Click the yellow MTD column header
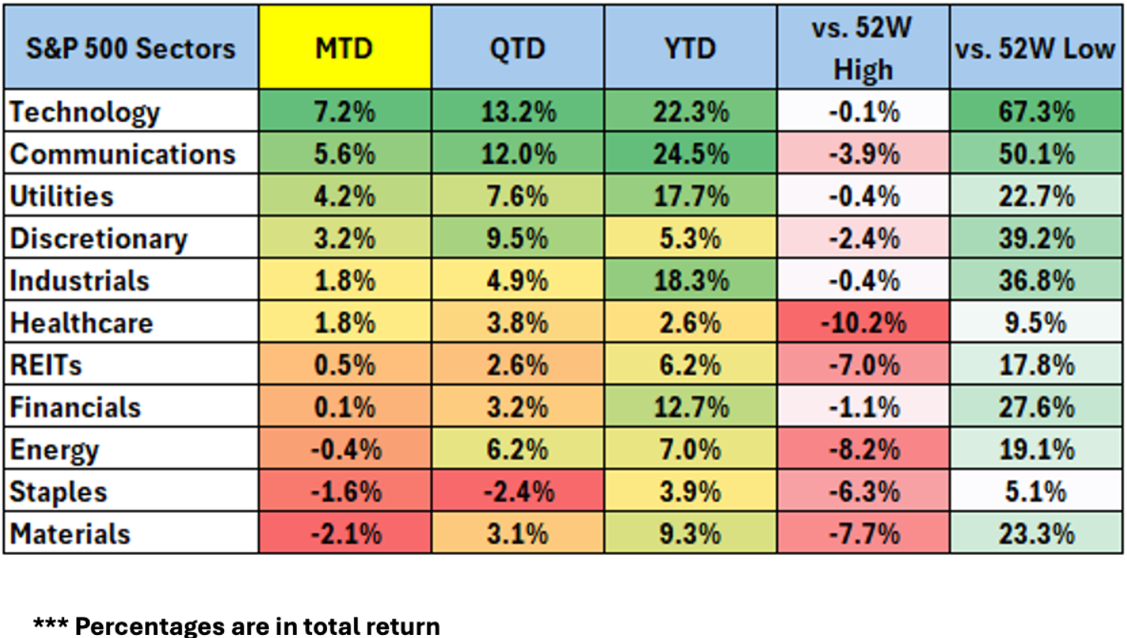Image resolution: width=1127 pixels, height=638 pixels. (345, 48)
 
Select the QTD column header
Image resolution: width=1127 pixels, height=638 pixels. (518, 48)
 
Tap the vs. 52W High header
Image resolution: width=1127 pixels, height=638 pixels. (862, 48)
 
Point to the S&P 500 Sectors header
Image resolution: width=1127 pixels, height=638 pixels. (131, 48)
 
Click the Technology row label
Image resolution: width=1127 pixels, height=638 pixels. (85, 112)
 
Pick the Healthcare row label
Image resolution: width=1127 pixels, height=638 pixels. (81, 322)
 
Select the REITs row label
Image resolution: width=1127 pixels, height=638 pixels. (45, 364)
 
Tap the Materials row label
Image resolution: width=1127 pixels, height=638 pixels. (70, 534)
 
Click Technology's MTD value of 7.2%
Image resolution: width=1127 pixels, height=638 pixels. (345, 111)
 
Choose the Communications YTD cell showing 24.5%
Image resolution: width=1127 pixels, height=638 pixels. (691, 154)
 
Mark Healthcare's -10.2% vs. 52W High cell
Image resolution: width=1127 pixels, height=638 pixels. (863, 322)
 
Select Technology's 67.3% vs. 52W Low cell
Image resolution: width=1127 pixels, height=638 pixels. (1036, 111)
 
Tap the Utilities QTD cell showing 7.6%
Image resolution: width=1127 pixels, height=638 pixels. (517, 196)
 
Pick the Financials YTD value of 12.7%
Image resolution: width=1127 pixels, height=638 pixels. (691, 407)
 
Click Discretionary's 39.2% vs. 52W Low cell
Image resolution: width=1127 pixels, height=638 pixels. (1036, 239)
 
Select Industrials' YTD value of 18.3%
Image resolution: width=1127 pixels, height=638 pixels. (691, 281)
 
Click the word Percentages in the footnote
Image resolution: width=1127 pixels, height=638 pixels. (149, 627)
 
